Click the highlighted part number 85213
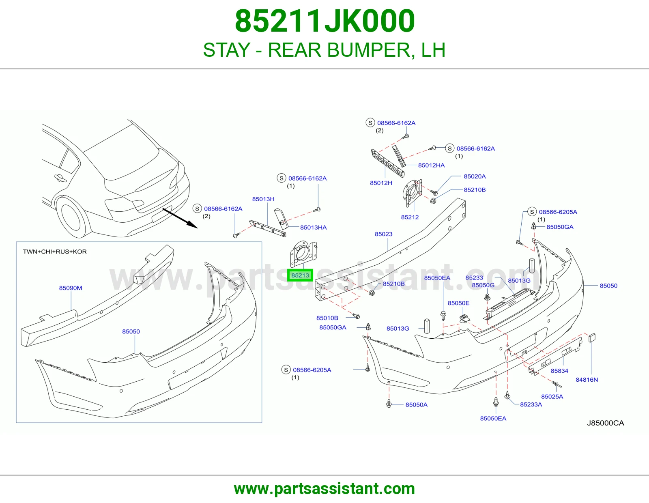pyautogui.click(x=300, y=275)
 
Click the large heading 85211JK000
pyautogui.click(x=325, y=21)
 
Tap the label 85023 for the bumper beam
pyautogui.click(x=383, y=234)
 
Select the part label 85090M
pyautogui.click(x=71, y=288)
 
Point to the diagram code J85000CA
pyautogui.click(x=605, y=423)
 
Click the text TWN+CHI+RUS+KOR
pyautogui.click(x=55, y=251)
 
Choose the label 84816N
pyautogui.click(x=587, y=380)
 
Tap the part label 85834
pyautogui.click(x=559, y=371)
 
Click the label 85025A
pyautogui.click(x=552, y=396)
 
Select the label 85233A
pyautogui.click(x=531, y=404)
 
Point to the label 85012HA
pyautogui.click(x=431, y=165)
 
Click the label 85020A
pyautogui.click(x=475, y=176)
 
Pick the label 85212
pyautogui.click(x=410, y=217)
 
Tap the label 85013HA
pyautogui.click(x=313, y=227)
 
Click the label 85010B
pyautogui.click(x=327, y=318)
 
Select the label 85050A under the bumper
pyautogui.click(x=416, y=404)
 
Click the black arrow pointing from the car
pyautogui.click(x=180, y=218)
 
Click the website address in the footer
pyautogui.click(x=324, y=489)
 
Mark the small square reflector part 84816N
pyautogui.click(x=592, y=337)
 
